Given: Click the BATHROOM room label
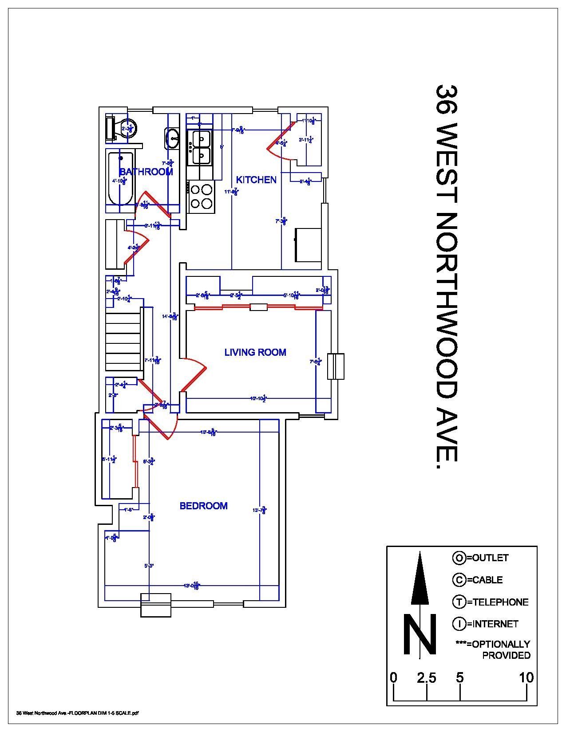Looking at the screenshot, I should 146,172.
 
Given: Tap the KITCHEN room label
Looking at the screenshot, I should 256,180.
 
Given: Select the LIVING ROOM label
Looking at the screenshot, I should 255,352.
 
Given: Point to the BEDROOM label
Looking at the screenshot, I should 203,506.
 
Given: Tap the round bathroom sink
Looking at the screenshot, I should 173,138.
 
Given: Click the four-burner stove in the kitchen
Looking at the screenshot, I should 201,197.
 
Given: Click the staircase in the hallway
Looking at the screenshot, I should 123,339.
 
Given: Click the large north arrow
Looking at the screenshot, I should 420,581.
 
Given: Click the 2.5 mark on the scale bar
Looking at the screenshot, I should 427,678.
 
